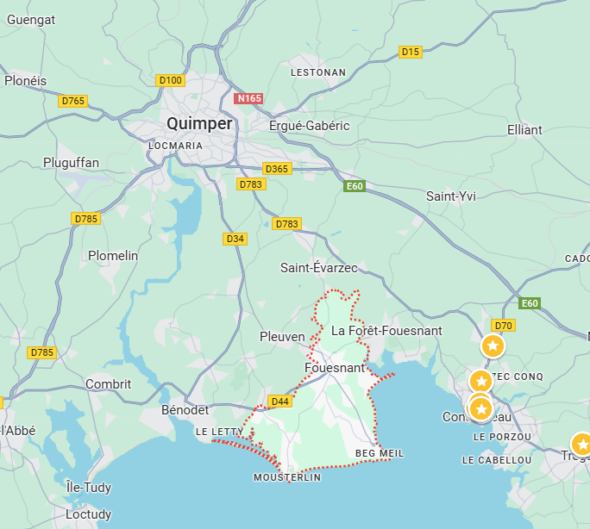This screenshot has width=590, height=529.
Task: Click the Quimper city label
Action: (199, 124)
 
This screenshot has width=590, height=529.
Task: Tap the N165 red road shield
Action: (248, 99)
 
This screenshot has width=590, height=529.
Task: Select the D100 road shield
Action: (171, 80)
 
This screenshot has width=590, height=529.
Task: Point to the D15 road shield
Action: (411, 52)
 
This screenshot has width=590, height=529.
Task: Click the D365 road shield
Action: (277, 169)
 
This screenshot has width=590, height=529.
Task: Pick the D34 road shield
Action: (235, 239)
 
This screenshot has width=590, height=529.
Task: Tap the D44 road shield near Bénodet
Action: (279, 401)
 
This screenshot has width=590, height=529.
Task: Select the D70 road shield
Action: (503, 325)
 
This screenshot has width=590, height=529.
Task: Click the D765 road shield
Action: (73, 101)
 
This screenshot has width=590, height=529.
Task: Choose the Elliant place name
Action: (524, 130)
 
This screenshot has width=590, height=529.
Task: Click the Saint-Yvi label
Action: (451, 196)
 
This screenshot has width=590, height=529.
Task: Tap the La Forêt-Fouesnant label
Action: (386, 331)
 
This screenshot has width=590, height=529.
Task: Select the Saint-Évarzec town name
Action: (319, 268)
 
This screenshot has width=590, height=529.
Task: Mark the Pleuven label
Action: (283, 337)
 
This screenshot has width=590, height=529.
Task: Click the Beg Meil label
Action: (380, 453)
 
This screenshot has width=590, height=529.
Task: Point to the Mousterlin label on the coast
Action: (287, 477)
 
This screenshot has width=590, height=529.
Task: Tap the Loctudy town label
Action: (89, 514)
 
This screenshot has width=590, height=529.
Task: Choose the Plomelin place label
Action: (113, 256)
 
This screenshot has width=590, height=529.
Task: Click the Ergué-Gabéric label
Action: (310, 126)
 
